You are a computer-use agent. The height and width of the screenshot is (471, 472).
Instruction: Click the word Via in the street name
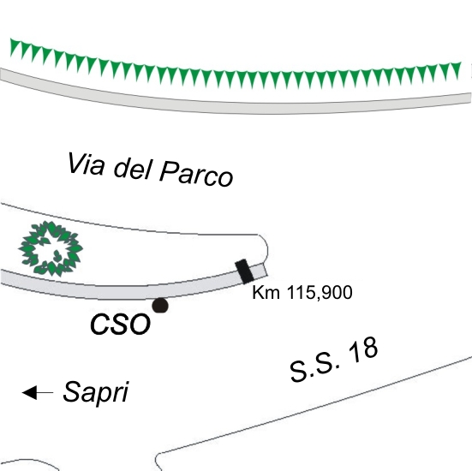click(x=87, y=164)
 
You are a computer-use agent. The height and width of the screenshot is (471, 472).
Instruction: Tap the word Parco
click(x=196, y=173)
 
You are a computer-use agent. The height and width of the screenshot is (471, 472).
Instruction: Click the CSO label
click(x=120, y=324)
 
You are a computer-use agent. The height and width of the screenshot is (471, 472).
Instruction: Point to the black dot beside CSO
click(x=160, y=306)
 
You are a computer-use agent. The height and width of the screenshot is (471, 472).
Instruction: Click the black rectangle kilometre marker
click(x=244, y=271)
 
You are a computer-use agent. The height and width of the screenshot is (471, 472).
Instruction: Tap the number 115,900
click(x=320, y=293)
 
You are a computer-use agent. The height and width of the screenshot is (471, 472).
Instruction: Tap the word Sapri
click(x=96, y=392)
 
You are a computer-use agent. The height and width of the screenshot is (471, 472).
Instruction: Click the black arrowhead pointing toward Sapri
click(x=29, y=392)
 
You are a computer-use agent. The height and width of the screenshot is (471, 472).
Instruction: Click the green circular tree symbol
click(x=51, y=248)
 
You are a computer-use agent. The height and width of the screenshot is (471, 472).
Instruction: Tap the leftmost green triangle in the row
click(x=15, y=47)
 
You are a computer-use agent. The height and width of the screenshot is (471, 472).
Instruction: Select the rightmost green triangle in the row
click(x=456, y=70)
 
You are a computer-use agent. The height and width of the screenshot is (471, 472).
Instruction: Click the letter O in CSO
click(x=139, y=325)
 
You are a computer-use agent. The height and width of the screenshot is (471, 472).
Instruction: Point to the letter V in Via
click(x=76, y=163)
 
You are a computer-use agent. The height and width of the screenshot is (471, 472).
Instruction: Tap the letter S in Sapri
click(x=72, y=391)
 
